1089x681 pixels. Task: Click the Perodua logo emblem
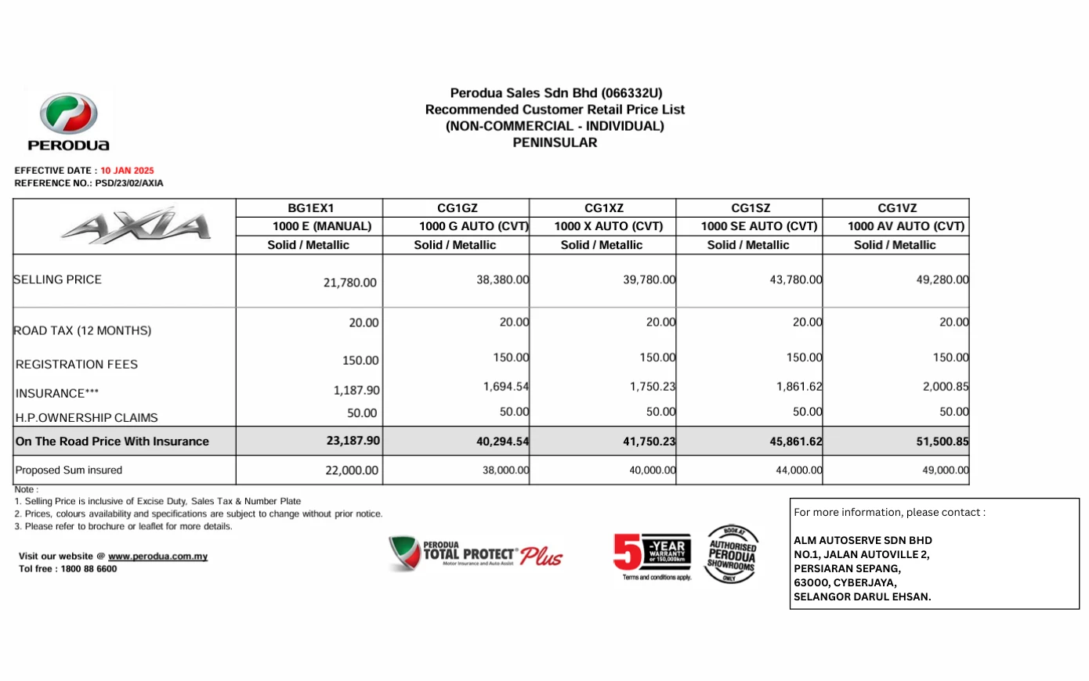coord(69,114)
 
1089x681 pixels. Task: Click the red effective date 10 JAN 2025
coord(127,171)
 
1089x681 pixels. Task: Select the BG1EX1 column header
coord(310,208)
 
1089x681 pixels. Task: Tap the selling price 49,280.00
coord(942,279)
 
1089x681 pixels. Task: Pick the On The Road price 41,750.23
coord(649,441)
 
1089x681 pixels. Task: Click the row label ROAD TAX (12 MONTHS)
coord(82,330)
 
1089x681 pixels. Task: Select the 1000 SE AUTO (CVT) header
coord(758,226)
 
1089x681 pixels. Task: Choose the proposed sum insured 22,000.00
coord(351,470)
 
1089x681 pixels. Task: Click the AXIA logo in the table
coord(136,225)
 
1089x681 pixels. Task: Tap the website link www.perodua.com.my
coord(157,557)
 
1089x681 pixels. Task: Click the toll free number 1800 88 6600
coord(89,569)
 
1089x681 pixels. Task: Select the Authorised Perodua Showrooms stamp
coord(732,554)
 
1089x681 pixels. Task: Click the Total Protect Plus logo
coord(476,553)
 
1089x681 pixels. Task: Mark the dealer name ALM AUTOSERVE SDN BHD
coord(863,540)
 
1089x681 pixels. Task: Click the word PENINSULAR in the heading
coord(555,142)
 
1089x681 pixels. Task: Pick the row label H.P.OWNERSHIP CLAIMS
coord(86,418)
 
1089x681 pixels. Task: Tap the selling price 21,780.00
coord(349,283)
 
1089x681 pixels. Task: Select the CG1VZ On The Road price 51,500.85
coord(942,441)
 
